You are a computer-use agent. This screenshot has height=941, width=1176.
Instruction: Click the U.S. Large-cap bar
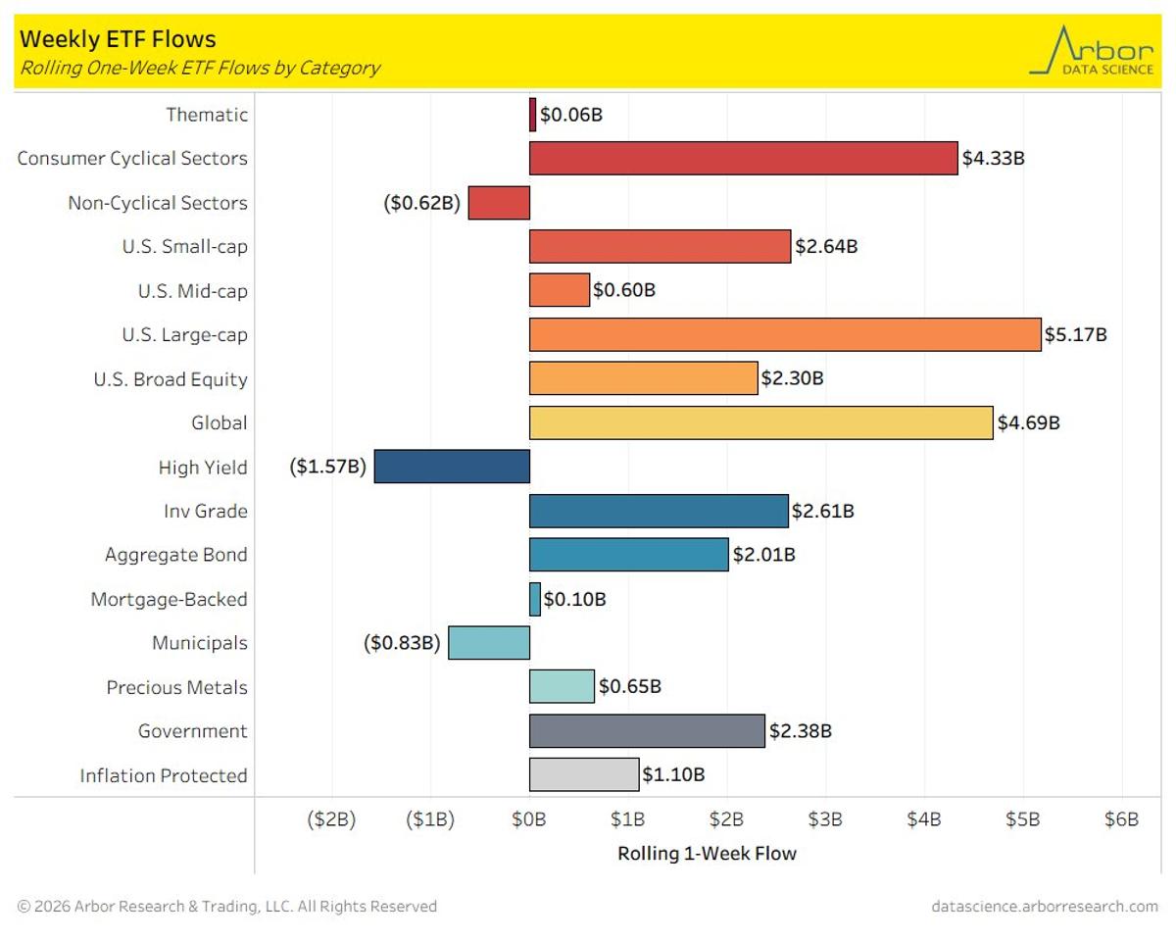point(785,334)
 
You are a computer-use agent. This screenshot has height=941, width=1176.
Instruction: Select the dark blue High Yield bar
point(452,467)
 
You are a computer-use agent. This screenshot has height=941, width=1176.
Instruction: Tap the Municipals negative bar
point(489,643)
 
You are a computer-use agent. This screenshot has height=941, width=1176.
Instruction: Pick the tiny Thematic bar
point(533,115)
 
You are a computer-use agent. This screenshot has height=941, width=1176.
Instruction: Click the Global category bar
point(760,422)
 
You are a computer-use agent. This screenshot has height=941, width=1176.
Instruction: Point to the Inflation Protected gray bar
point(584,774)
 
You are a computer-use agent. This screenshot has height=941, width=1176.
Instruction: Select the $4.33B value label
point(993,158)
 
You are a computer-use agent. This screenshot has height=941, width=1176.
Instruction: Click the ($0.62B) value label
point(421,203)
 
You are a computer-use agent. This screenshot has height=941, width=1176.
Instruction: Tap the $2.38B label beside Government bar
point(800,730)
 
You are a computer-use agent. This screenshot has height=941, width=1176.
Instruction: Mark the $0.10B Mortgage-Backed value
point(574,599)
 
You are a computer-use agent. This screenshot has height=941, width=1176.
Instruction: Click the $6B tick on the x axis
point(1121,819)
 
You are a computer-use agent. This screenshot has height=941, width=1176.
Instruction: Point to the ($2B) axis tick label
point(331,819)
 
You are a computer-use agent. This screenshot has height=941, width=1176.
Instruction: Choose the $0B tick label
point(529,819)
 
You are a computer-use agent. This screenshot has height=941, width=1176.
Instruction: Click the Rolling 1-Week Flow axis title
point(707,854)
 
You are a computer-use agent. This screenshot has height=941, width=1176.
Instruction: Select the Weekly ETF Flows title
point(118,39)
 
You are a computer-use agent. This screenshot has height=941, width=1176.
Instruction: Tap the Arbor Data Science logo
point(1092,51)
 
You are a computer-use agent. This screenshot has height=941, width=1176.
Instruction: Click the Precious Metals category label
point(176,687)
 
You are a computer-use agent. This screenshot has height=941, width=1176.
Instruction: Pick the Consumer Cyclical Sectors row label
point(132,158)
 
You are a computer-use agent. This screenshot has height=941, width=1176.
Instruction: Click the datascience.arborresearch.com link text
point(1045,907)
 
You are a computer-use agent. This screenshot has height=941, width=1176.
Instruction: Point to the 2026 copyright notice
point(227,907)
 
